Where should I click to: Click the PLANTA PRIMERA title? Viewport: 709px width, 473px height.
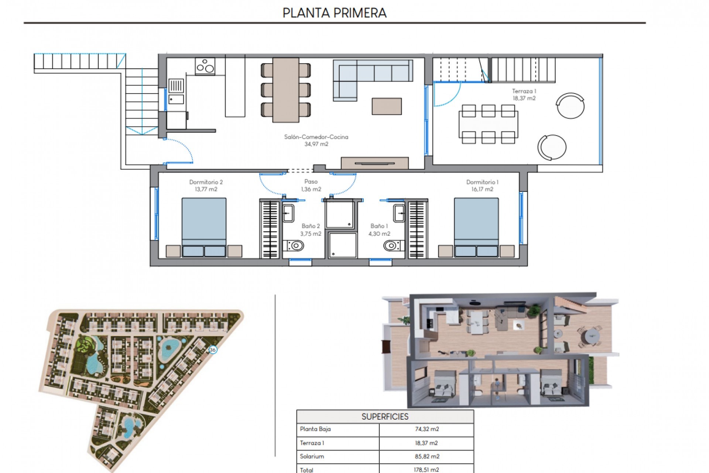334,13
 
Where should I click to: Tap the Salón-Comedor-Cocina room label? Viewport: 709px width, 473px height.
316,140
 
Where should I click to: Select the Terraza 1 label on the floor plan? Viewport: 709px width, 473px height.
524,95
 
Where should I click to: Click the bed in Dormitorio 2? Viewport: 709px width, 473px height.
204,227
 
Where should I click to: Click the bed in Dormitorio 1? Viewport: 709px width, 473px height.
476,227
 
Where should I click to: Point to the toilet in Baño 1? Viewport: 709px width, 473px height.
392,245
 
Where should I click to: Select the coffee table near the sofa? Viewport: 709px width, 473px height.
387,106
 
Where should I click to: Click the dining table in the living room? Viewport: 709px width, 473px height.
286,90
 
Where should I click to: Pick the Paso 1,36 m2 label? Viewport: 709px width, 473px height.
311,185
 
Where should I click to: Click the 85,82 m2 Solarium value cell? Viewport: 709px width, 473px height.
427,456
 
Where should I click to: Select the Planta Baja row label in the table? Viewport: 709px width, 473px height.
315,429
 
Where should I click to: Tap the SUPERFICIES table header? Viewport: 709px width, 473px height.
385,416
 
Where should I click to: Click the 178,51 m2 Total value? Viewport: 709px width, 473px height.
427,470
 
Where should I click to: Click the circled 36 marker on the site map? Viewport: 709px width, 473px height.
212,350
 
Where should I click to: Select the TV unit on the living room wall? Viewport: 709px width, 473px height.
374,163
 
